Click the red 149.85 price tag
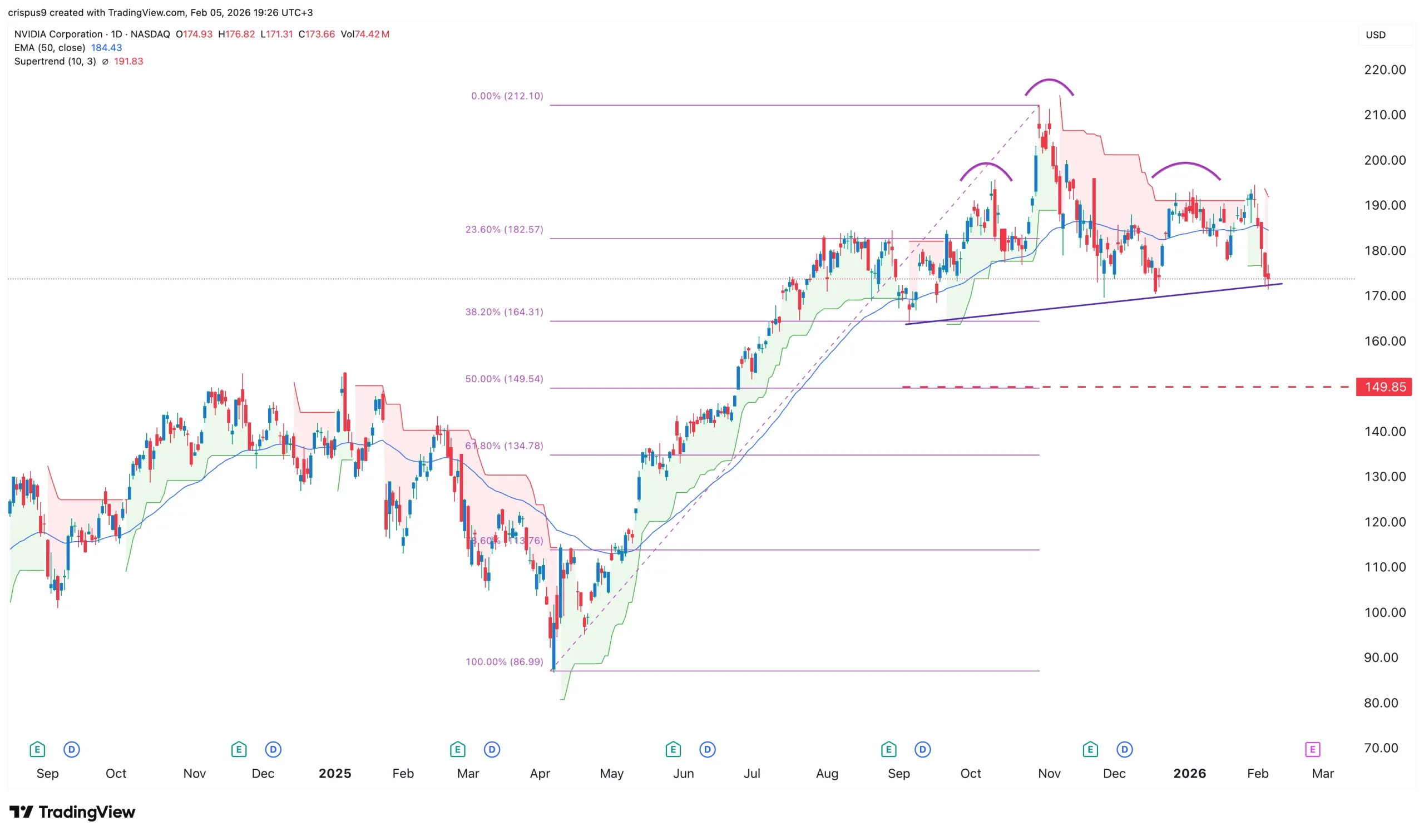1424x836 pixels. click(x=1384, y=387)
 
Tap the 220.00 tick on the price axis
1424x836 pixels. click(x=1385, y=70)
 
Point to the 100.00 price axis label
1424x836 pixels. click(x=1385, y=612)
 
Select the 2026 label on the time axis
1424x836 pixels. click(x=1189, y=773)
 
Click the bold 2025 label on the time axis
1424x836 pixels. click(x=334, y=773)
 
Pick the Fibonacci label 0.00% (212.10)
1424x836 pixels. click(x=507, y=96)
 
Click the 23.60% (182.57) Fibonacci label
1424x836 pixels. click(x=504, y=229)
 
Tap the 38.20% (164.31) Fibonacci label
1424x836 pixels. click(x=504, y=312)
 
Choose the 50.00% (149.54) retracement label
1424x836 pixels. click(x=504, y=379)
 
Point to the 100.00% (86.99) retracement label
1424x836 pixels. click(x=504, y=661)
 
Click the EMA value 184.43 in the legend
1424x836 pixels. click(x=106, y=47)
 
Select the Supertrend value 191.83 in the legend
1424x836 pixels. click(x=128, y=61)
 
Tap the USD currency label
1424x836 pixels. click(x=1376, y=35)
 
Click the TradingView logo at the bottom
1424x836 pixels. click(x=72, y=812)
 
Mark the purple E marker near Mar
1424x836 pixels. click(x=1312, y=750)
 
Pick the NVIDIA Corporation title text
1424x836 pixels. click(x=58, y=34)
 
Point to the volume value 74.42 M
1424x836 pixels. click(x=371, y=34)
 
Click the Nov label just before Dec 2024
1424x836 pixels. click(x=194, y=773)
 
